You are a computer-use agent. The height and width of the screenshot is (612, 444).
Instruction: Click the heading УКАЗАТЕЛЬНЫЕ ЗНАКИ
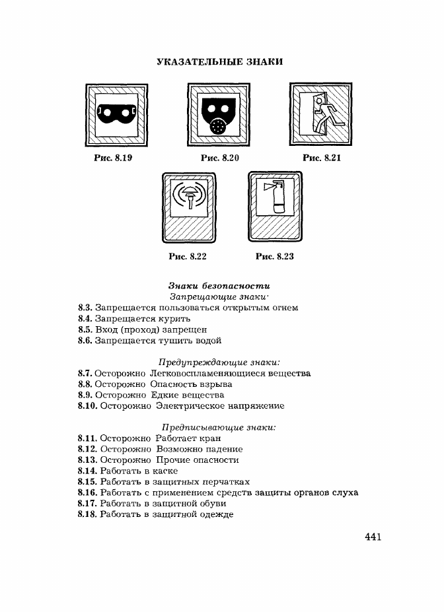click(x=220, y=61)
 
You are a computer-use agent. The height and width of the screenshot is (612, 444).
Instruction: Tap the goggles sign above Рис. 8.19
click(x=117, y=115)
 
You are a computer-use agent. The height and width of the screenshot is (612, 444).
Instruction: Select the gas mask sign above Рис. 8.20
click(x=219, y=115)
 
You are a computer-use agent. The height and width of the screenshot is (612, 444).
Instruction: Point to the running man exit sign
click(x=320, y=114)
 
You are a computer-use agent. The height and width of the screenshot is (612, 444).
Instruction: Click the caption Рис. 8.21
click(x=322, y=158)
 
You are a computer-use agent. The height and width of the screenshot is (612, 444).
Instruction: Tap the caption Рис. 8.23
click(x=274, y=256)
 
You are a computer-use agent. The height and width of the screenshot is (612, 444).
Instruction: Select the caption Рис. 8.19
click(x=113, y=158)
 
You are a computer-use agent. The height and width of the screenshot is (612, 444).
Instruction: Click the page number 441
click(x=373, y=537)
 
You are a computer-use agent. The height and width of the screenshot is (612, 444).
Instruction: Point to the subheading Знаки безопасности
click(x=219, y=286)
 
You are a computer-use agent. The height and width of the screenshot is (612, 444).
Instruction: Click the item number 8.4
click(x=85, y=318)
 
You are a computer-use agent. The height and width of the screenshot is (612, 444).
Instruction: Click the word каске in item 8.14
click(x=165, y=471)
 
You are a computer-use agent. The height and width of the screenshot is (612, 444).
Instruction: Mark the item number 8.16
click(x=87, y=493)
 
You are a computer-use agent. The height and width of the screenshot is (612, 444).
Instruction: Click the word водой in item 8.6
click(x=209, y=341)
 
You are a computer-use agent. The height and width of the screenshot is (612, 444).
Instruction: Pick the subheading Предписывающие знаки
click(x=219, y=427)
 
